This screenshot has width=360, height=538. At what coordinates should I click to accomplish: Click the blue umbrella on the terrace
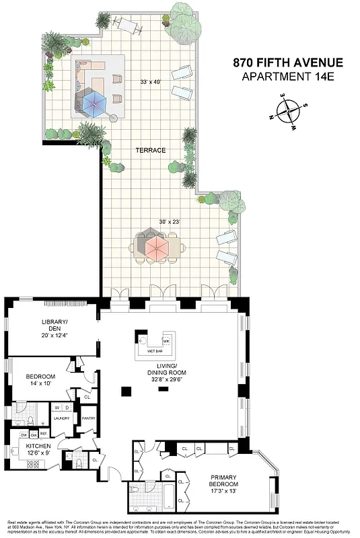94,103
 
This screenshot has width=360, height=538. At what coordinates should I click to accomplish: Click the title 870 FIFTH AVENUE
288,63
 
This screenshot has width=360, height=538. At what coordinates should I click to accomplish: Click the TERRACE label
150,150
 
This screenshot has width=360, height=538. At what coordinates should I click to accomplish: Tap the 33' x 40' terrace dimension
151,82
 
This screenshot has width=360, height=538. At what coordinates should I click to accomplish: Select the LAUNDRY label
62,418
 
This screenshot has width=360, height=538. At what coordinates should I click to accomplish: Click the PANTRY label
89,418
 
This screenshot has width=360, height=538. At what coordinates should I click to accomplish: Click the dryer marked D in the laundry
67,407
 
